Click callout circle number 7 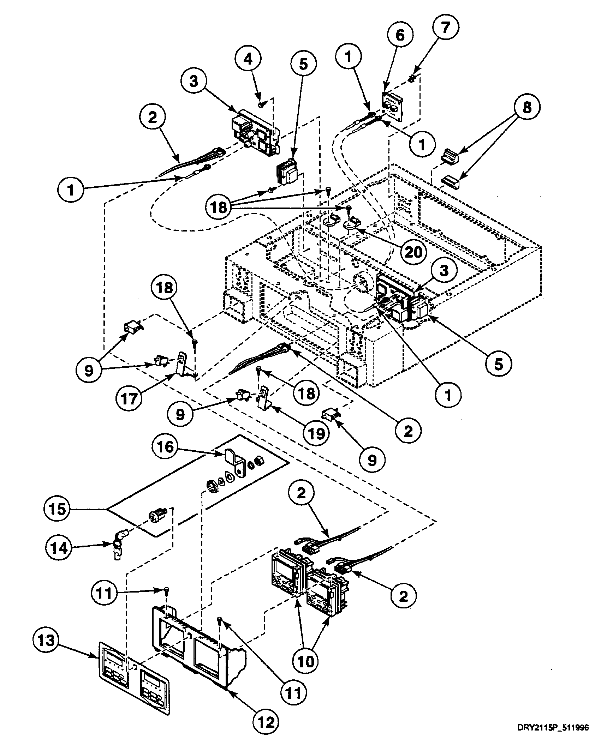[x=445, y=28]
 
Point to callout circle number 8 [x=526, y=108]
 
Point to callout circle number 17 [x=129, y=399]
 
